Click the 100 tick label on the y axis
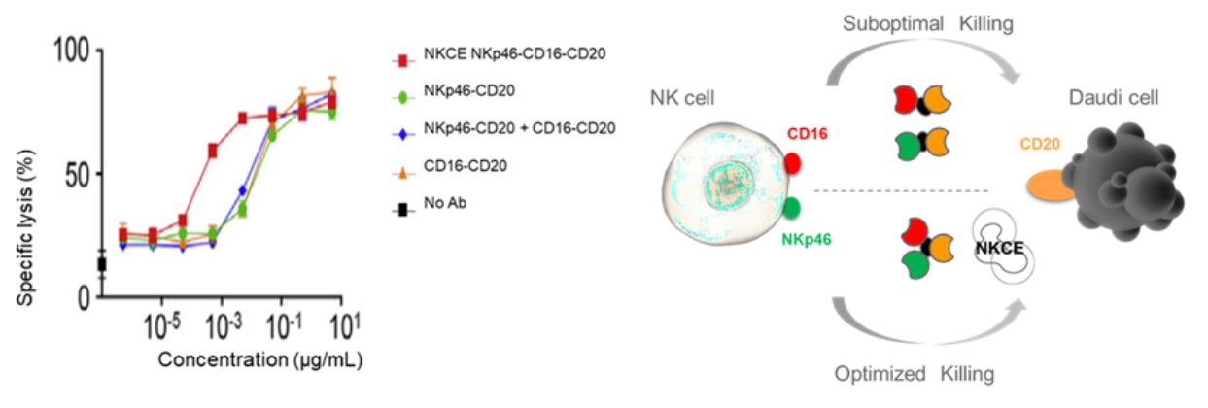(75, 51)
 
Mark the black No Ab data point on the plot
(101, 264)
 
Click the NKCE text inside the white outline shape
(995, 250)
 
